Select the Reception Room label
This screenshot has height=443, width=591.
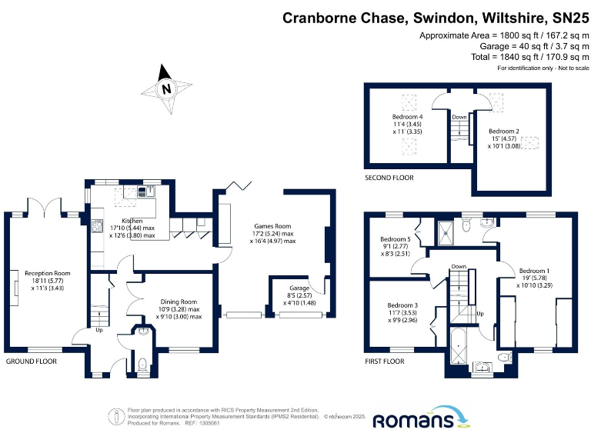[48, 273]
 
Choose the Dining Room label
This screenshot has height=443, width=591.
[179, 302]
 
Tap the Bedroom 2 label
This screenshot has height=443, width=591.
[504, 132]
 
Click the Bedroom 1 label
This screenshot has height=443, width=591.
[534, 271]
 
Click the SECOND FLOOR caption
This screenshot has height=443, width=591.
[389, 178]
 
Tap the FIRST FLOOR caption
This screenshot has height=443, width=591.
[385, 361]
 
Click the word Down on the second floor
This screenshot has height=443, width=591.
[459, 117]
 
